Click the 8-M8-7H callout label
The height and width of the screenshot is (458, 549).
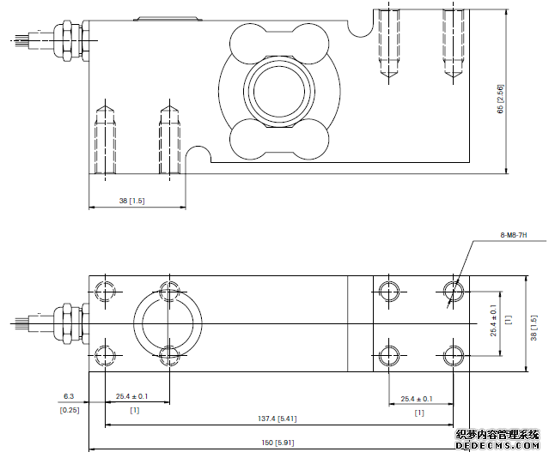point(514,234)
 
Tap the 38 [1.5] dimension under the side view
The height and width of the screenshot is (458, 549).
point(131,201)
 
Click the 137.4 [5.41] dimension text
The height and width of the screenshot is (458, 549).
point(278,419)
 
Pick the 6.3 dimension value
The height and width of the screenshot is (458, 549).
point(69,397)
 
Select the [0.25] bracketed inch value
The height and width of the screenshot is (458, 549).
point(69,411)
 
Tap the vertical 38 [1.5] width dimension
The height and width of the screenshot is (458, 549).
point(533,322)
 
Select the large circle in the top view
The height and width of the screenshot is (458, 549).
point(168,322)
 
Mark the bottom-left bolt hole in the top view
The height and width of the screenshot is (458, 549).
point(105,354)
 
